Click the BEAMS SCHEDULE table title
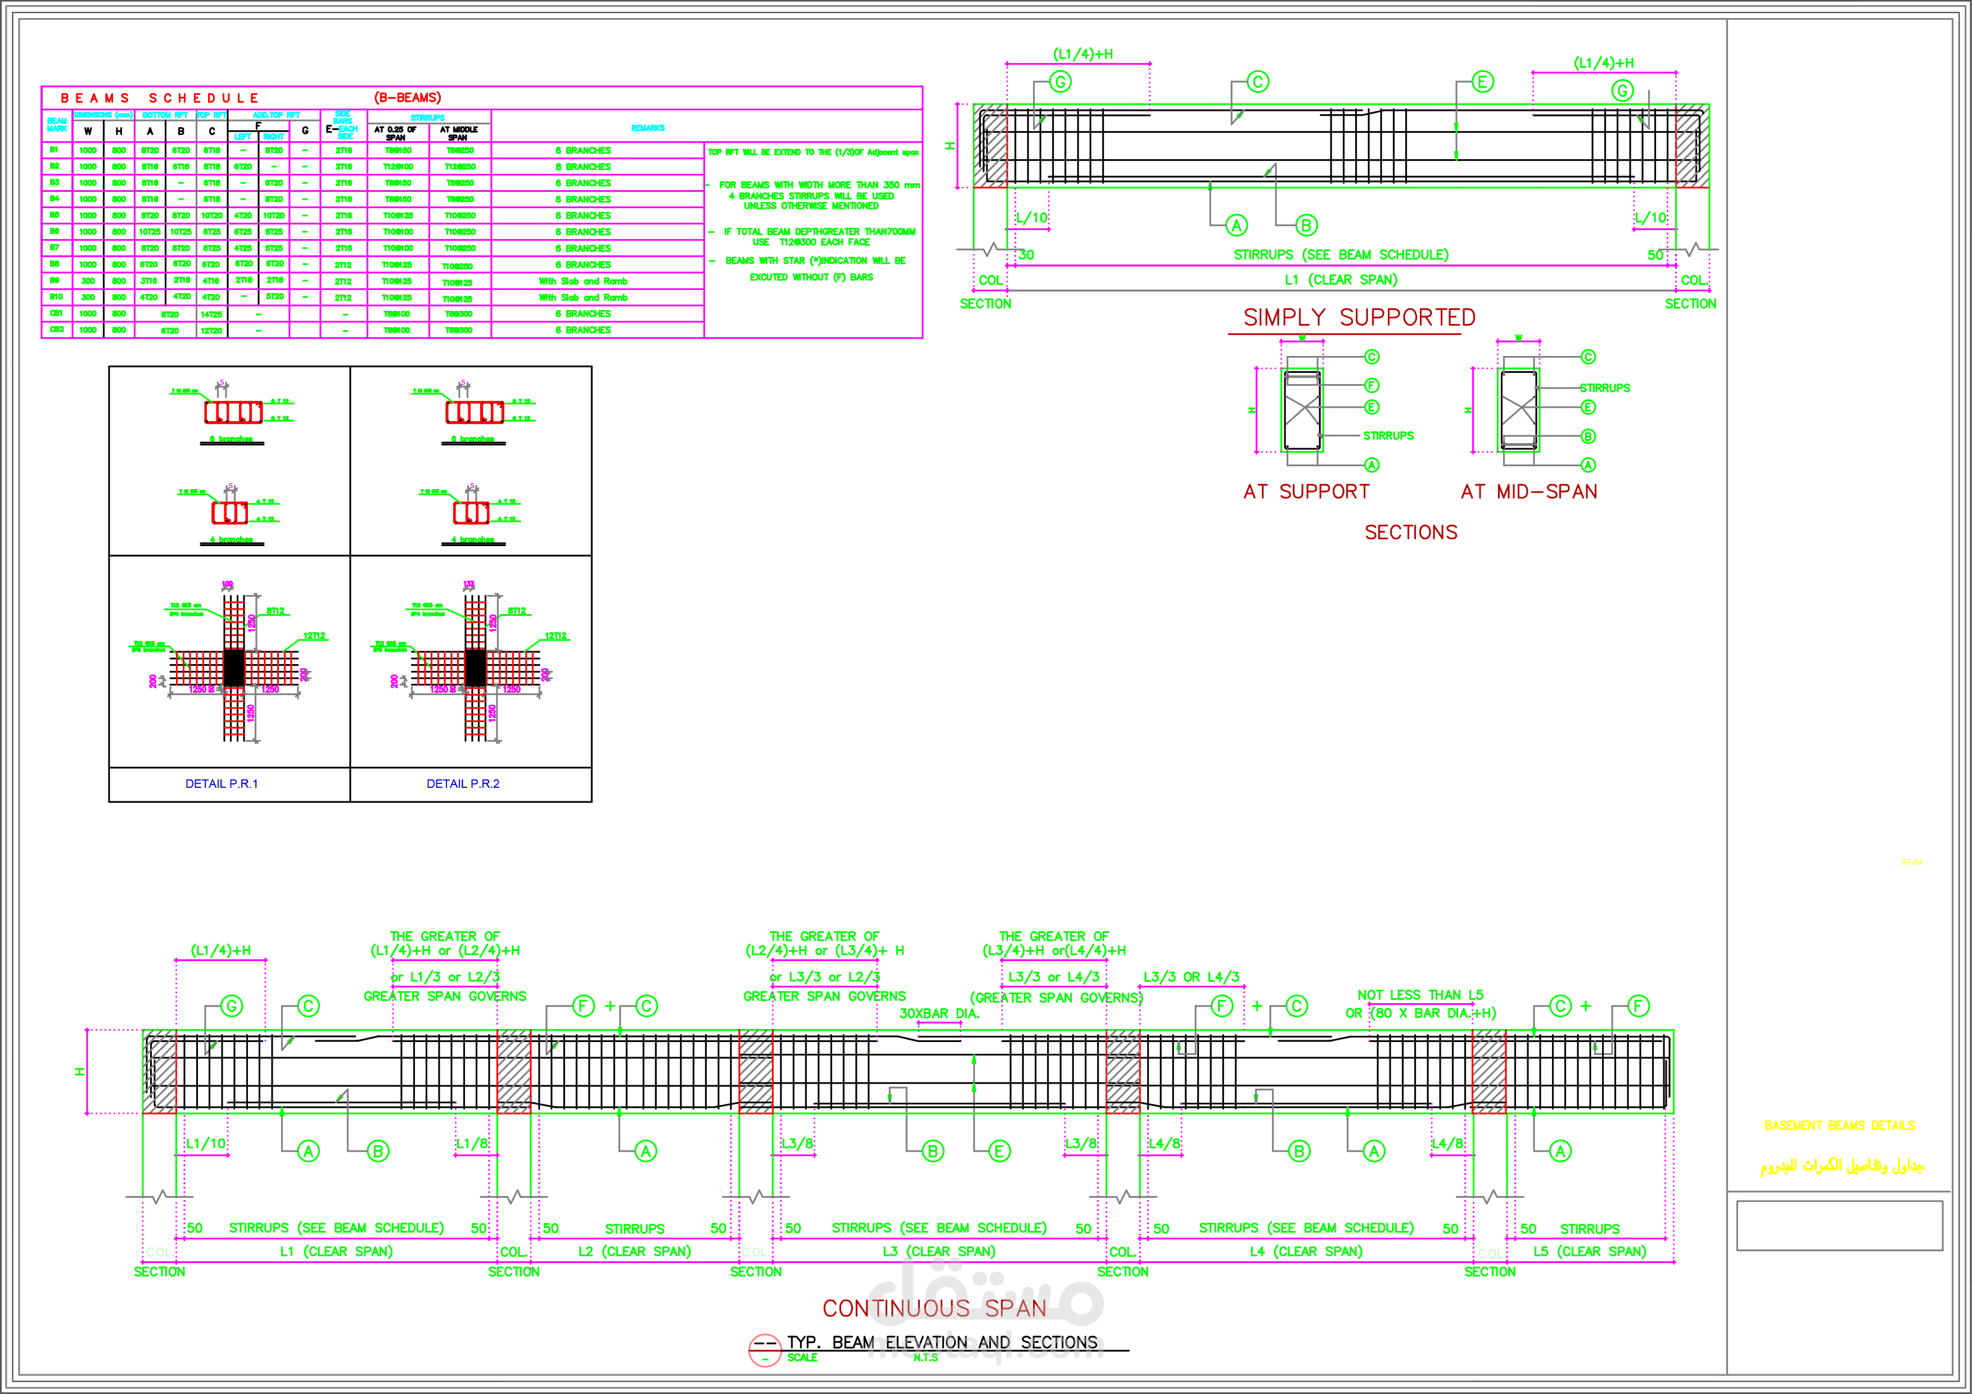[160, 98]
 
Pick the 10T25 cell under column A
[150, 232]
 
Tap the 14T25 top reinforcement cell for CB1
[211, 314]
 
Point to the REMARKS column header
[648, 128]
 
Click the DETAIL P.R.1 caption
[222, 783]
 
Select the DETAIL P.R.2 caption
[463, 783]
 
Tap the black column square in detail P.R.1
[233, 667]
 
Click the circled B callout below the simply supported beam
[1306, 226]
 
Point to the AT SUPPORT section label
[1306, 491]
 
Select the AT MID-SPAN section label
[1529, 491]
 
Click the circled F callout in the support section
[1371, 386]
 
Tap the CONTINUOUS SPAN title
[935, 1308]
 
